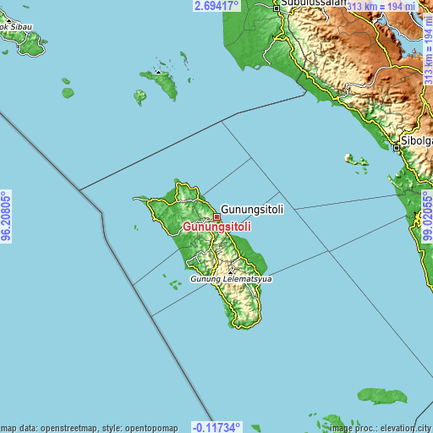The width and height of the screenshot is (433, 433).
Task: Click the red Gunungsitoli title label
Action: [x=216, y=227]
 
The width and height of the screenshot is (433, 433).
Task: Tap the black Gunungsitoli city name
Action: [x=253, y=208]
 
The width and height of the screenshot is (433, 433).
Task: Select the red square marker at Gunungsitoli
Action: [x=217, y=216]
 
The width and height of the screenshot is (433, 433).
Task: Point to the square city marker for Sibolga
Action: [x=397, y=148]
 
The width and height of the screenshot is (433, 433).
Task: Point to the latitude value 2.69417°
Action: [x=217, y=5]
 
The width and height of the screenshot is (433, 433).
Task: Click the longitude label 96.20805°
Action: [x=6, y=216]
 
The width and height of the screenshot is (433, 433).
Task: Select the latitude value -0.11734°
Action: [x=216, y=427]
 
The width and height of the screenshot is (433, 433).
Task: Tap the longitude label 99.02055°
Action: [x=427, y=216]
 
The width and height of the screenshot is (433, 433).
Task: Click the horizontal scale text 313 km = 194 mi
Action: [x=382, y=7]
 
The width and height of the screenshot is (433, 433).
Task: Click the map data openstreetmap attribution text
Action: [x=89, y=428]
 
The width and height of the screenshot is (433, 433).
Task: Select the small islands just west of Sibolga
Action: [x=356, y=160]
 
